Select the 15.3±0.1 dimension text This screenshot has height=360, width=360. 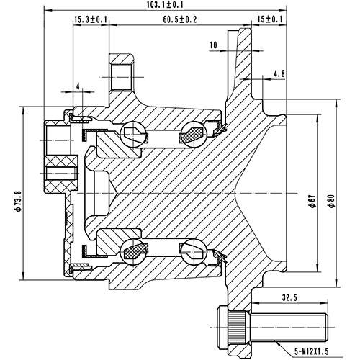point(91,19)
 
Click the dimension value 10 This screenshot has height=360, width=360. point(212,45)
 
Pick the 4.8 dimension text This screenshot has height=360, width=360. point(279,73)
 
